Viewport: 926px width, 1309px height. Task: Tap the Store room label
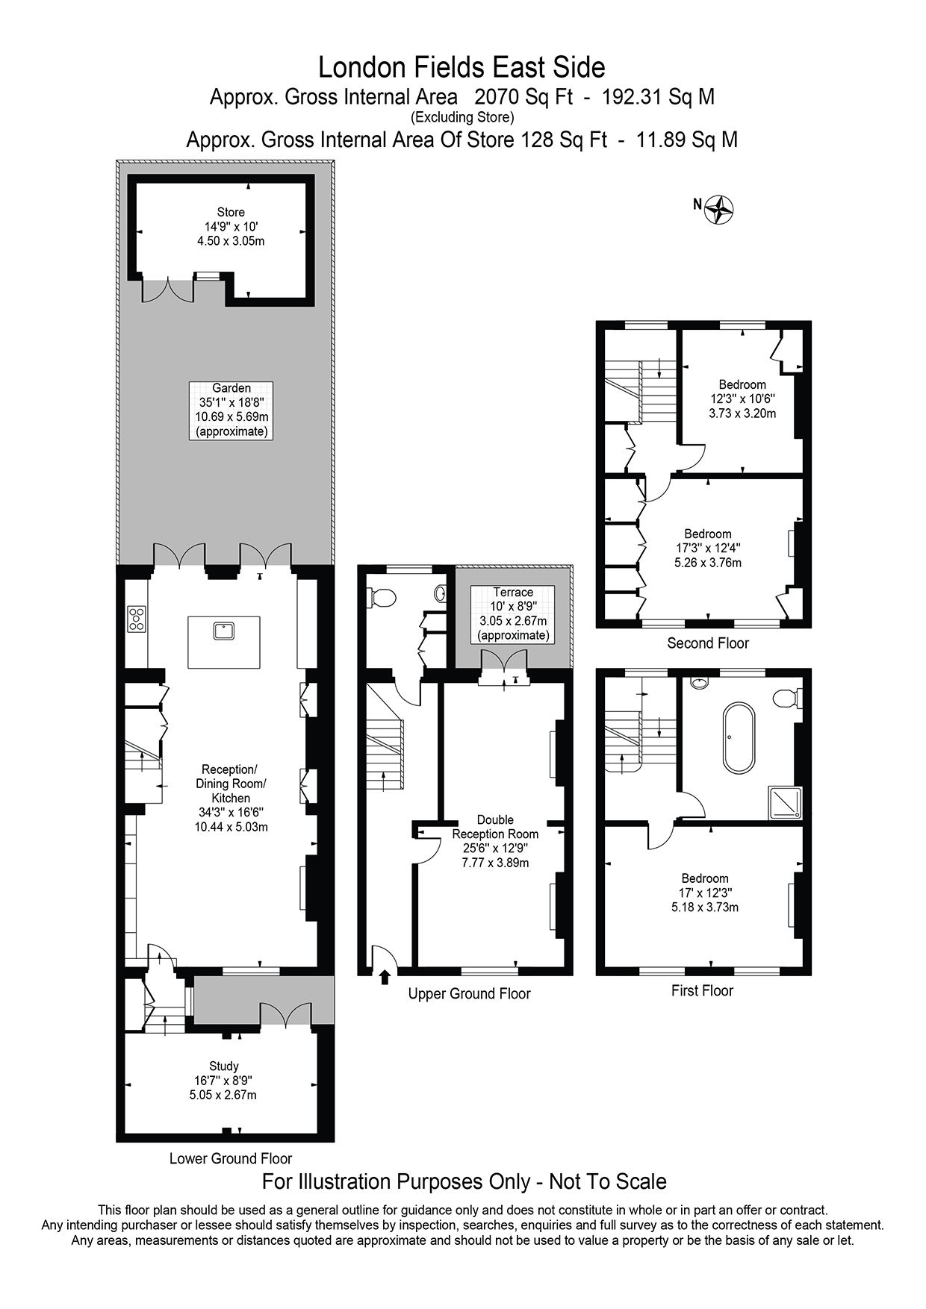pyautogui.click(x=231, y=226)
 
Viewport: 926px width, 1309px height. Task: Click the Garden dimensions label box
pyautogui.click(x=231, y=410)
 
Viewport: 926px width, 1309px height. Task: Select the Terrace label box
pyautogui.click(x=513, y=613)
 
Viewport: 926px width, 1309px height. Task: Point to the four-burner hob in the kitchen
pyautogui.click(x=137, y=619)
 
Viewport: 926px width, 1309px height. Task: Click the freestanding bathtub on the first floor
pyautogui.click(x=739, y=737)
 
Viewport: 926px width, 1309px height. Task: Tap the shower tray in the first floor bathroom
pyautogui.click(x=786, y=803)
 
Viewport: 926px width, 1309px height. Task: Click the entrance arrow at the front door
pyautogui.click(x=385, y=977)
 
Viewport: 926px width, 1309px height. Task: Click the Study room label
pyautogui.click(x=223, y=1081)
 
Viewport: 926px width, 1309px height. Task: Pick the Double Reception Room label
pyautogui.click(x=495, y=841)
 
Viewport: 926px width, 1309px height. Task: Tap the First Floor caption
pyautogui.click(x=702, y=991)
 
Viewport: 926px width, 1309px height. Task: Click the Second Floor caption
pyautogui.click(x=707, y=643)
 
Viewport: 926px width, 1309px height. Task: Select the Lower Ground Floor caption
pyautogui.click(x=230, y=1159)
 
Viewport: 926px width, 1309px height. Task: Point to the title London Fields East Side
pyautogui.click(x=462, y=67)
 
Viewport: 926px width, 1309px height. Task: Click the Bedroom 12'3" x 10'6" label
pyautogui.click(x=742, y=399)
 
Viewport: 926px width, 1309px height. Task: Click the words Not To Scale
pyautogui.click(x=608, y=1182)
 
